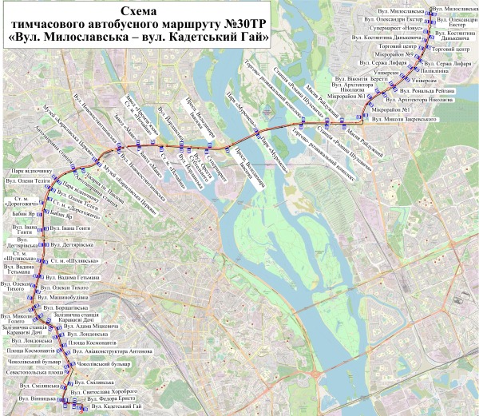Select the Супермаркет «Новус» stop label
pyautogui.click(x=395, y=29)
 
